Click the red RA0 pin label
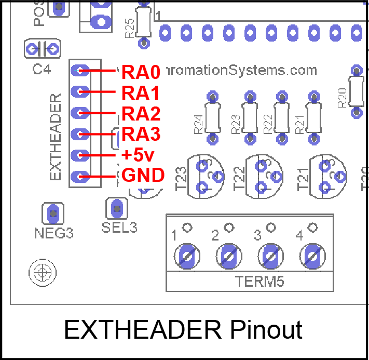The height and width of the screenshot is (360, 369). [x=141, y=71]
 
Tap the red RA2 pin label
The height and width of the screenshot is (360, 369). [x=141, y=113]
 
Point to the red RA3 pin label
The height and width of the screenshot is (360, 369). [x=141, y=135]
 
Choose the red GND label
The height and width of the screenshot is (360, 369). [x=143, y=175]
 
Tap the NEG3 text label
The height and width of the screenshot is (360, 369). [x=54, y=233]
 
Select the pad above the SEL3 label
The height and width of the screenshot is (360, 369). [x=117, y=209]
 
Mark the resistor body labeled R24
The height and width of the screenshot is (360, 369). [x=212, y=118]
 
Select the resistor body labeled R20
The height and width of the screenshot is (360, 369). [x=356, y=90]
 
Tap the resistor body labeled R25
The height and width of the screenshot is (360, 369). [x=144, y=21]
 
